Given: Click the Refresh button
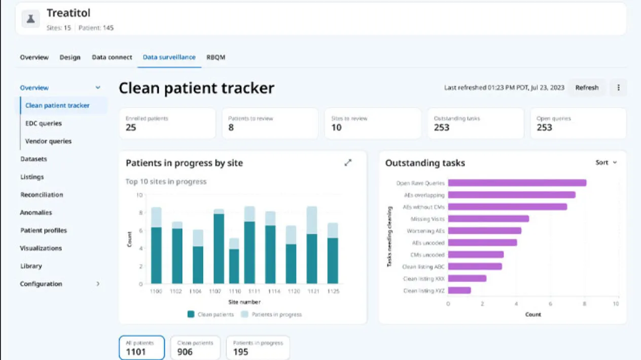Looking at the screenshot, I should (x=587, y=88).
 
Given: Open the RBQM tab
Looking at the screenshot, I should (x=216, y=57).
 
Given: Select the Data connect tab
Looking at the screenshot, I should (x=112, y=57).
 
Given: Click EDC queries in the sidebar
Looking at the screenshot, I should (x=44, y=123).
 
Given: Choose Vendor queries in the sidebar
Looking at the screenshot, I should (x=48, y=141).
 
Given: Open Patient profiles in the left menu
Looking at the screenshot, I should (x=44, y=230).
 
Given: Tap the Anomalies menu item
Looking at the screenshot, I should (x=36, y=212).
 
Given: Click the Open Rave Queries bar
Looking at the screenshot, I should (x=517, y=183).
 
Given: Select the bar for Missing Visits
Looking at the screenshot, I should (x=488, y=219).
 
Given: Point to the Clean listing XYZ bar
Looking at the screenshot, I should (x=459, y=291).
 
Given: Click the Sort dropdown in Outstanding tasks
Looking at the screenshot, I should (x=606, y=163).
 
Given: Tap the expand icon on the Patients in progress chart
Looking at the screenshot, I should (x=348, y=163).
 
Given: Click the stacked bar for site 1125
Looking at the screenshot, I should (x=333, y=254).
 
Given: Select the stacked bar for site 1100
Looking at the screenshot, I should (x=156, y=246).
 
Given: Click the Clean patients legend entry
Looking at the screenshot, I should (x=210, y=314).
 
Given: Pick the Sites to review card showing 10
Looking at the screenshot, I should (x=373, y=123).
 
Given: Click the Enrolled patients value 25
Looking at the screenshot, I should (x=131, y=128).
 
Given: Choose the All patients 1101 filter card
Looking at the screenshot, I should (x=142, y=347).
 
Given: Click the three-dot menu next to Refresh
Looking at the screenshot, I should (x=618, y=88).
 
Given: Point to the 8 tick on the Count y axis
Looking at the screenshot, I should (x=140, y=213).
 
